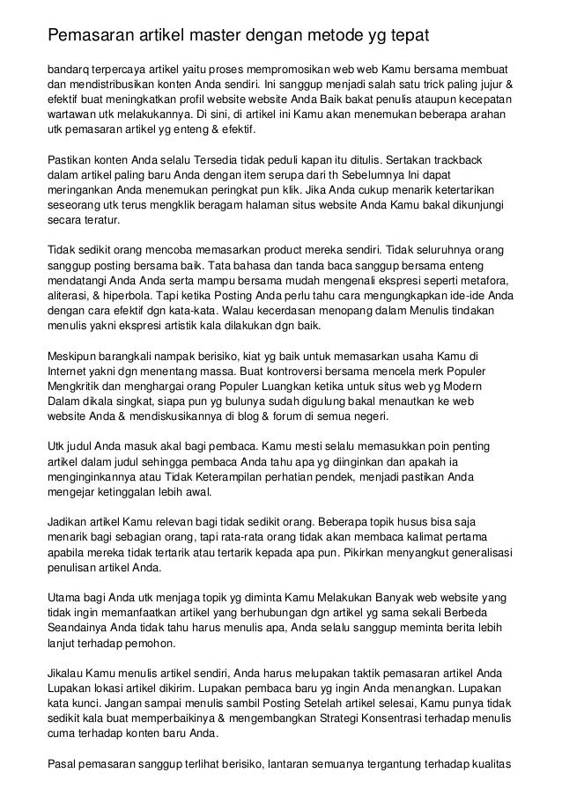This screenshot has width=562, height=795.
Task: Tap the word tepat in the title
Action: pyautogui.click(x=408, y=36)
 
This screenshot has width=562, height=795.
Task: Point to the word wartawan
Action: pyautogui.click(x=71, y=114)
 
